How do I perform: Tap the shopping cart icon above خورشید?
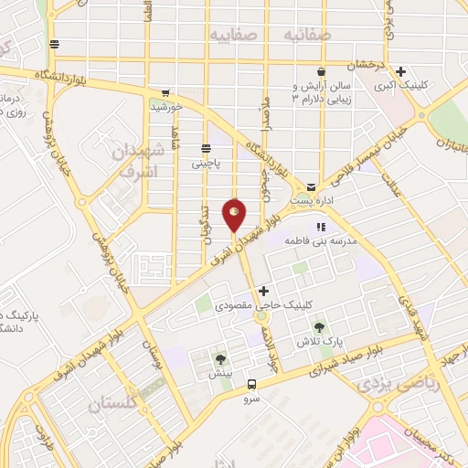click(x=165, y=92)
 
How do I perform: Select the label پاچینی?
click(x=206, y=165)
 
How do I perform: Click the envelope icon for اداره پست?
click(x=312, y=185)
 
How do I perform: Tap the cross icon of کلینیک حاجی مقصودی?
click(x=264, y=292)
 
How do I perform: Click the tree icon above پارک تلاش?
click(x=319, y=327)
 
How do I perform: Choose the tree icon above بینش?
click(x=219, y=359)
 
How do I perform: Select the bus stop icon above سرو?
click(x=252, y=386)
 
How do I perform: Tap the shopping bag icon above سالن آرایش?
click(x=321, y=71)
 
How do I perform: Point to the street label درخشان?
click(x=357, y=65)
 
